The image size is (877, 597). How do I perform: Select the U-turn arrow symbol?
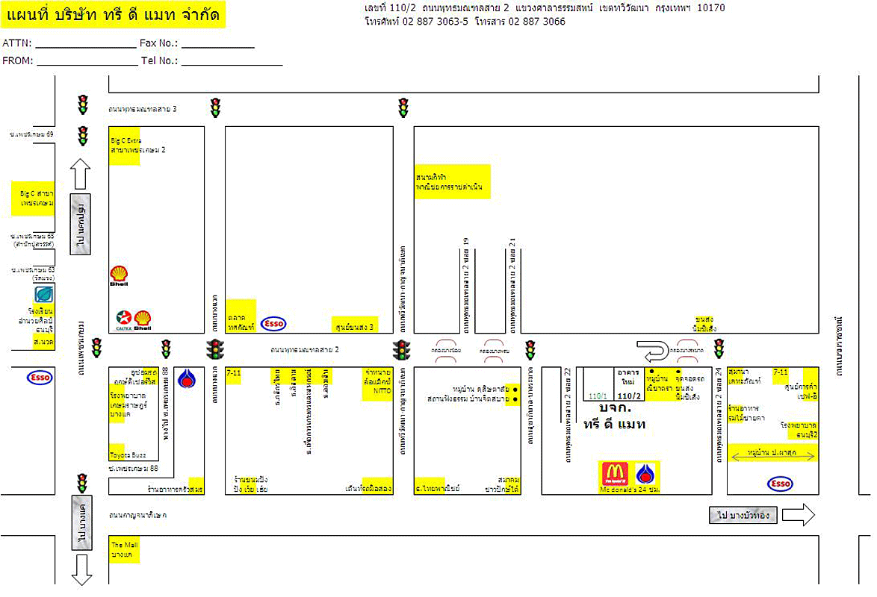650,349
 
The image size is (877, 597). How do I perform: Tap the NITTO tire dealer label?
377,384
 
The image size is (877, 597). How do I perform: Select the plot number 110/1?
599,396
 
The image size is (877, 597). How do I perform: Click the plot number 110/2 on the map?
629,396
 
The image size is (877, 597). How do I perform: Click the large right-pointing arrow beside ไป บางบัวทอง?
799,514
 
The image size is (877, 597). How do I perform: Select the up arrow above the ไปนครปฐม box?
81,174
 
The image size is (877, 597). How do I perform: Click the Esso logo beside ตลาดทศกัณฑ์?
274,323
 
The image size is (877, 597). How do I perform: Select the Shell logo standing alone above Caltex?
120,276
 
